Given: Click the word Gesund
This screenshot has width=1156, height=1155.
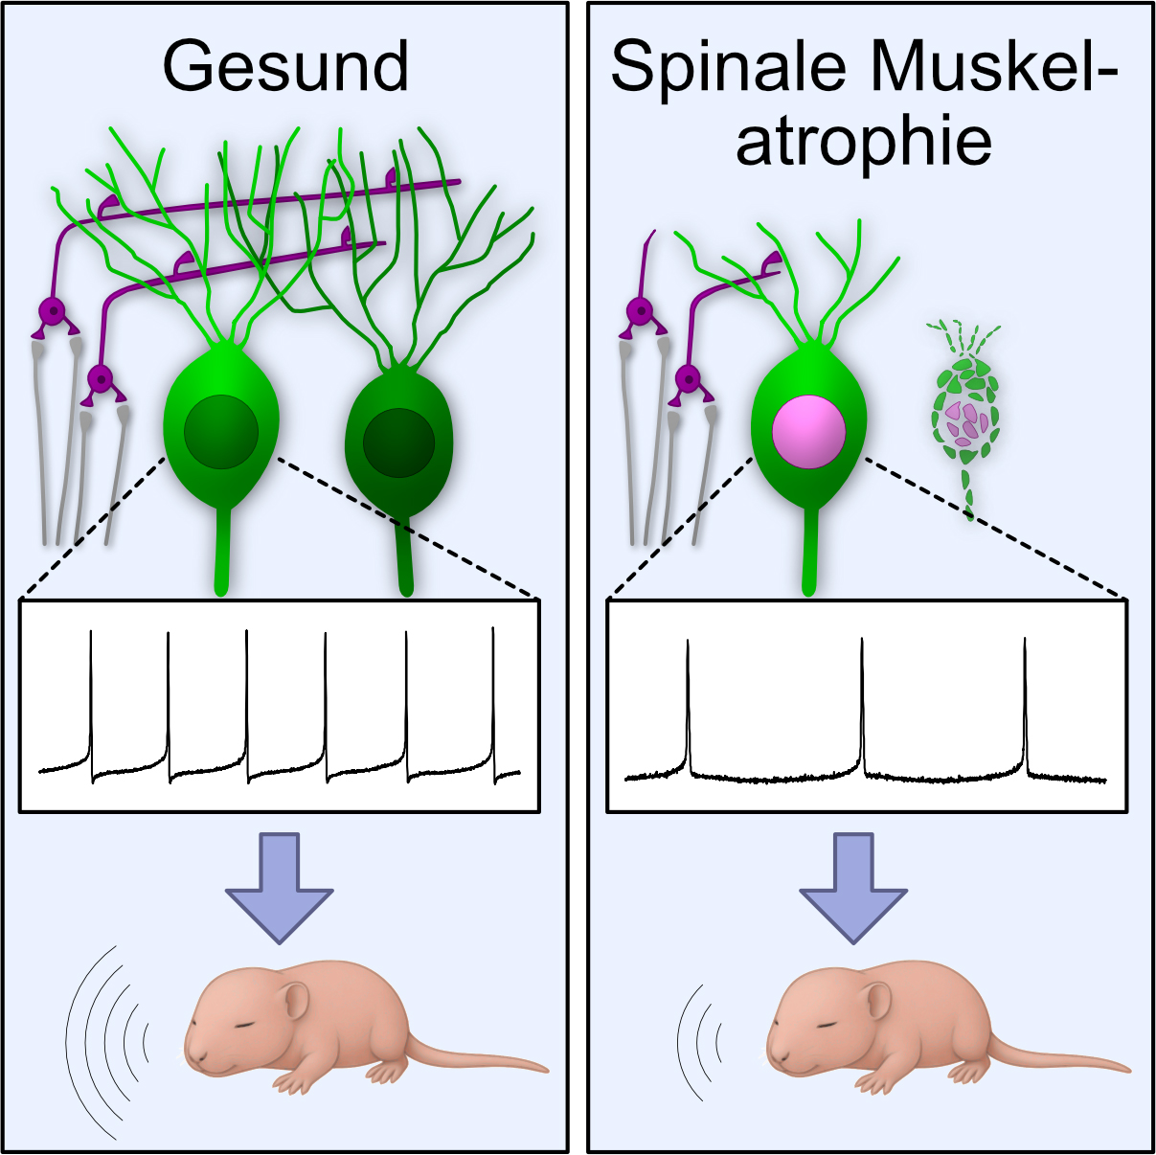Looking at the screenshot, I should (x=285, y=67).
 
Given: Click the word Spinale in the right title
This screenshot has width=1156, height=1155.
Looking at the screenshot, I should (x=728, y=67).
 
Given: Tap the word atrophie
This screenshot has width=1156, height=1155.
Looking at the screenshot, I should (x=863, y=141).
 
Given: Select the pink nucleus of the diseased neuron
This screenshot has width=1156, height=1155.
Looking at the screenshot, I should (x=809, y=431).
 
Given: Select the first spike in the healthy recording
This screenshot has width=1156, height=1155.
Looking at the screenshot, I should (x=91, y=699).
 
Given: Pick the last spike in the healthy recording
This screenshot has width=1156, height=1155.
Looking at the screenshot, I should (x=493, y=699).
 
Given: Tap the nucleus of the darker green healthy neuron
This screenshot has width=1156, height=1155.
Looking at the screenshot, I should (x=398, y=442).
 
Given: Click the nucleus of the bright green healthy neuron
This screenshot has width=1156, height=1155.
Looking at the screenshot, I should (x=221, y=432).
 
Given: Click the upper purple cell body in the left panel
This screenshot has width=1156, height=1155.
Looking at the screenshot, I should (x=52, y=311).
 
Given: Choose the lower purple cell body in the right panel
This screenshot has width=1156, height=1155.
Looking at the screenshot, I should (x=688, y=378).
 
